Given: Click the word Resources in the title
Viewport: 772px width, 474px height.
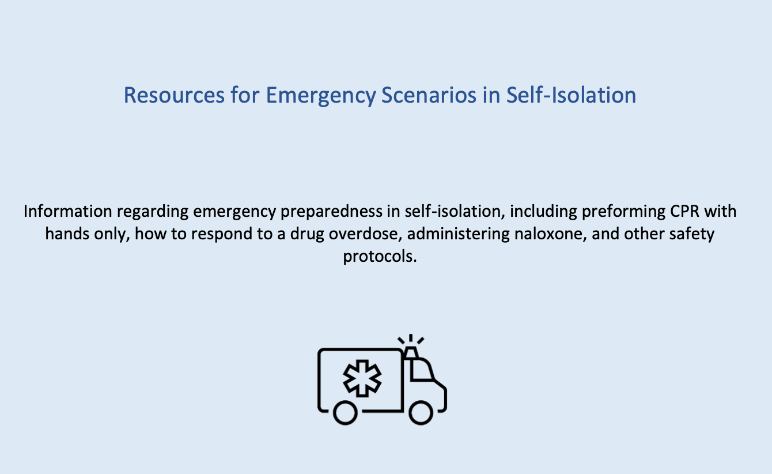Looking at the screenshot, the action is coord(174,95).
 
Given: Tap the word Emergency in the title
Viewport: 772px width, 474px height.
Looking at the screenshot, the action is coord(321,96).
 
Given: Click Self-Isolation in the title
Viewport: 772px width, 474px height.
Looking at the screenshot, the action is coord(571,95).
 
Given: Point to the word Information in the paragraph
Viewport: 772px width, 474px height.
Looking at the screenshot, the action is coord(68,211).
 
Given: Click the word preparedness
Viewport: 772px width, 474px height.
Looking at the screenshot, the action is coord(331,212).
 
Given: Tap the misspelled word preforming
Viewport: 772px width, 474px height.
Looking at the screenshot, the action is coord(624,212).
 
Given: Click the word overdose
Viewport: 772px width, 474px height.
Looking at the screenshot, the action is coord(366,234).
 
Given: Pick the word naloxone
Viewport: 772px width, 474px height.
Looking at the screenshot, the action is coord(550,234).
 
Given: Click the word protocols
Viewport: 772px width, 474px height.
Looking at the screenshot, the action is coord(380,257).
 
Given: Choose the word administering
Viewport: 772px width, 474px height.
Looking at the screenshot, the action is coord(458,235).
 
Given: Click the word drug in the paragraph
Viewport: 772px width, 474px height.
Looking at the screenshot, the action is coord(307,235).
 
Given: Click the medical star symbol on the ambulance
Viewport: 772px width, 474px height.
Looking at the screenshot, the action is coord(362,378).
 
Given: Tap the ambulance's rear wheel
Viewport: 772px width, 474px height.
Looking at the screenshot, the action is coord(345,412).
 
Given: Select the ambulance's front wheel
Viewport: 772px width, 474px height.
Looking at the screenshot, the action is coord(421,412).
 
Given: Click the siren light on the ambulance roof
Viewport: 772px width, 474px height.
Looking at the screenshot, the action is coord(411,352).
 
